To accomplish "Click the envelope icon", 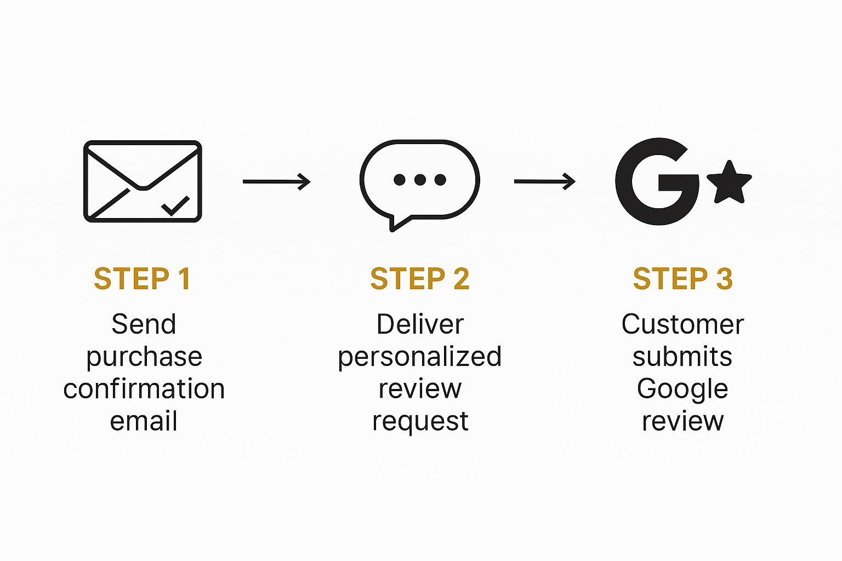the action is tap(143, 181).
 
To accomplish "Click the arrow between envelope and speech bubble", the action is tap(277, 181).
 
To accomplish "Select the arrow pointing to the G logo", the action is tap(545, 181).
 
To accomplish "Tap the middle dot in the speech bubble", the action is tap(420, 180).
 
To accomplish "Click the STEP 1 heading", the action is tap(143, 278).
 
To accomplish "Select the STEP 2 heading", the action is tap(420, 278).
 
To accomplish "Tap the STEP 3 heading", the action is tap(682, 278).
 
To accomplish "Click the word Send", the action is tap(144, 324).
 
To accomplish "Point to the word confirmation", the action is tap(144, 388).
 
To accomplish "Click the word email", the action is tap(144, 421).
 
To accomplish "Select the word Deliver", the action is tap(420, 324).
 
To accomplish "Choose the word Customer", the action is tap(682, 324).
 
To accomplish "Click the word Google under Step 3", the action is tap(682, 390).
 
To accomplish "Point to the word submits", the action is tap(682, 356).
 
